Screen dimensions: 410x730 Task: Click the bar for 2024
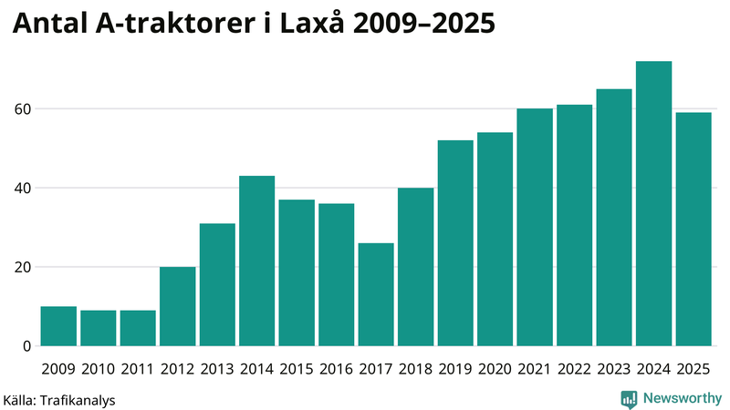click(x=653, y=204)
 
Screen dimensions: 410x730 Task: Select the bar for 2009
click(x=58, y=326)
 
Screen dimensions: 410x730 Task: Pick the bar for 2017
click(x=376, y=294)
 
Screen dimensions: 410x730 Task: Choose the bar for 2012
click(x=177, y=306)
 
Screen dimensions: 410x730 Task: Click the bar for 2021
click(x=535, y=228)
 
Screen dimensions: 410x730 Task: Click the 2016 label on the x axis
click(x=336, y=369)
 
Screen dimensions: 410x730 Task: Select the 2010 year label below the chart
click(x=98, y=369)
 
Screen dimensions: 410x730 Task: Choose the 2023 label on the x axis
click(x=614, y=369)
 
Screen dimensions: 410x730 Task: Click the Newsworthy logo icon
click(x=629, y=398)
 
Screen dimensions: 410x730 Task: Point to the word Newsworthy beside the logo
click(x=682, y=398)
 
